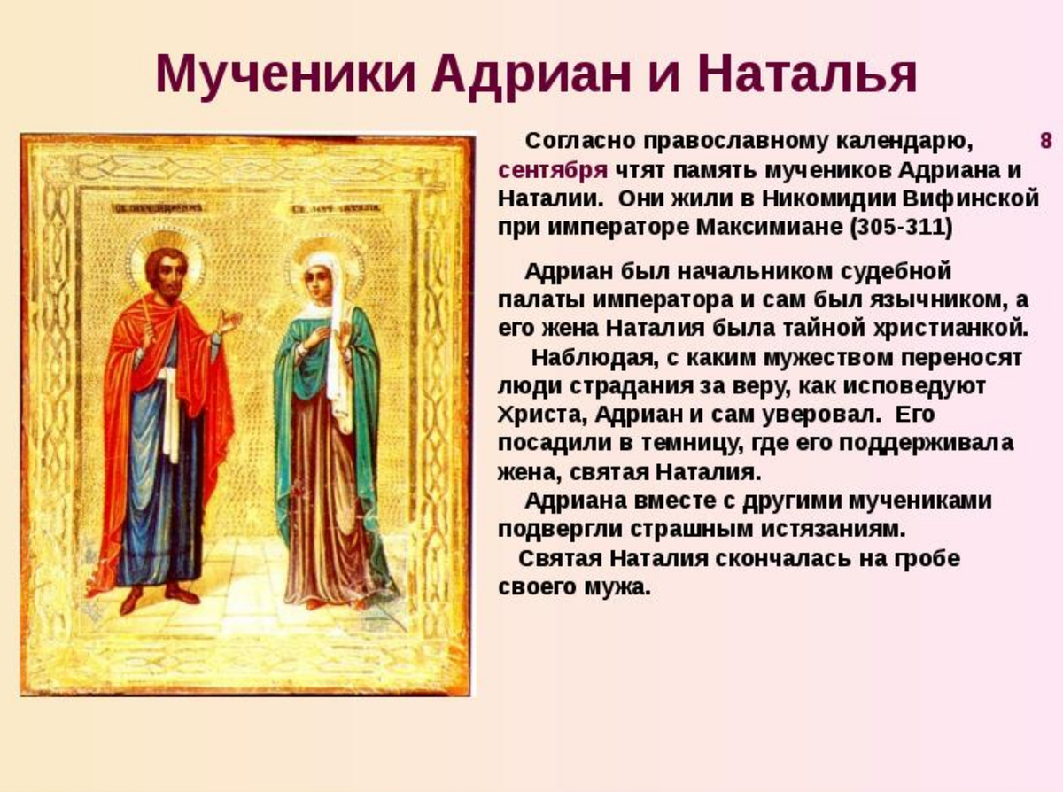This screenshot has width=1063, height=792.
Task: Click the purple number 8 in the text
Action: tap(1045, 142)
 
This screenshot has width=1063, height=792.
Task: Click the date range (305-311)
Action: tap(901, 227)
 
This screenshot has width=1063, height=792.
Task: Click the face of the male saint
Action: tap(165, 270)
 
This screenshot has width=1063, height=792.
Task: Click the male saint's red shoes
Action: tap(159, 596)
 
